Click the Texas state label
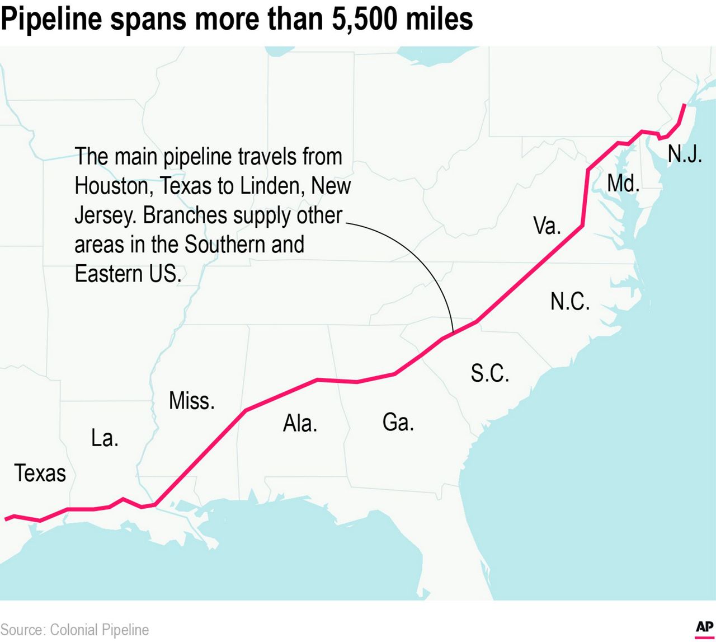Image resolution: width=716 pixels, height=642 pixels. coord(40,474)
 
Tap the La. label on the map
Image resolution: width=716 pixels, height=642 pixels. coord(105,438)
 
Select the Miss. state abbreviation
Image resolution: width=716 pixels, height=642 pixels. coord(191,401)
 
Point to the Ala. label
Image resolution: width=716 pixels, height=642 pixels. coord(300,424)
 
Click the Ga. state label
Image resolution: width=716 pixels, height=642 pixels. coord(398,422)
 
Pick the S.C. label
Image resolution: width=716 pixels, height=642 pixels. coord(490,373)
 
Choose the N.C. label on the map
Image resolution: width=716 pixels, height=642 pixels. coord(570,302)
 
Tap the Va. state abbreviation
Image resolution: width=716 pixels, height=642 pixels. coord(547,226)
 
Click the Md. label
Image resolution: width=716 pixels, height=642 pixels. coord(623,183)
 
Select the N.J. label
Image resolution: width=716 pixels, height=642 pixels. coord(685,153)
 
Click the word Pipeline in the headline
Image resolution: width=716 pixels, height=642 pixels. coord(51,19)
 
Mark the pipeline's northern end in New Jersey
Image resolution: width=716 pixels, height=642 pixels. coord(685,105)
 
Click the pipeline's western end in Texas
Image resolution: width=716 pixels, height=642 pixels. coord(6,519)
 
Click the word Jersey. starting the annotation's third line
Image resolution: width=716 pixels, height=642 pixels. coord(105,215)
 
